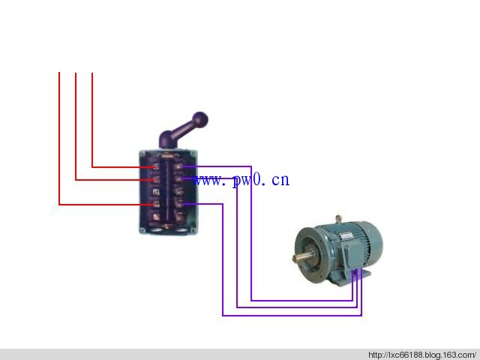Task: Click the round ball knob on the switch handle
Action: [200, 119]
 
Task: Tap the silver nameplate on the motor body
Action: [346, 236]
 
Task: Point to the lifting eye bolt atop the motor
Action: [338, 219]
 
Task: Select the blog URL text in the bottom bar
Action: [422, 355]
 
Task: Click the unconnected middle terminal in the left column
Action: [156, 192]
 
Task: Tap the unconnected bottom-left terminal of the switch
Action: [157, 217]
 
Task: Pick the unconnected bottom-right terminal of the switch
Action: [179, 217]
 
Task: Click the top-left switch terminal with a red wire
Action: [156, 166]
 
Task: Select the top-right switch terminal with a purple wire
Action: [178, 166]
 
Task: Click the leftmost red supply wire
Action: [59, 138]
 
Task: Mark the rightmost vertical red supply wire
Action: [92, 120]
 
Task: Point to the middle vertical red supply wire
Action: [76, 126]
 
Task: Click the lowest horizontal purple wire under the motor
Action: [292, 315]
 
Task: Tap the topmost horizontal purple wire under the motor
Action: [301, 301]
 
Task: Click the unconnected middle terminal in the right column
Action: [178, 192]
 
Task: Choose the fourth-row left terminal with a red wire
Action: [156, 204]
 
